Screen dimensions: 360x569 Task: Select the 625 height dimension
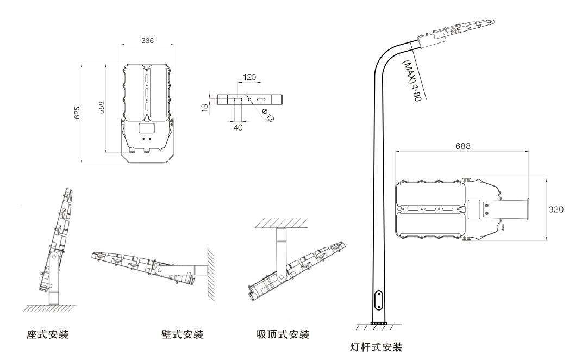click(77, 113)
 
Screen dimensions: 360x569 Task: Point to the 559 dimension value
click(102, 108)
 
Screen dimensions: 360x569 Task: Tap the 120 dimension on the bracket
click(249, 77)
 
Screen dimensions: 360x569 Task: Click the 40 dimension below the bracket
click(238, 127)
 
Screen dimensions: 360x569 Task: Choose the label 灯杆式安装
click(377, 346)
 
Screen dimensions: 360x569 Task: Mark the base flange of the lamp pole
click(378, 324)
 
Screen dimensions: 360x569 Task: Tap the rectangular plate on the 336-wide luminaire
click(146, 129)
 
